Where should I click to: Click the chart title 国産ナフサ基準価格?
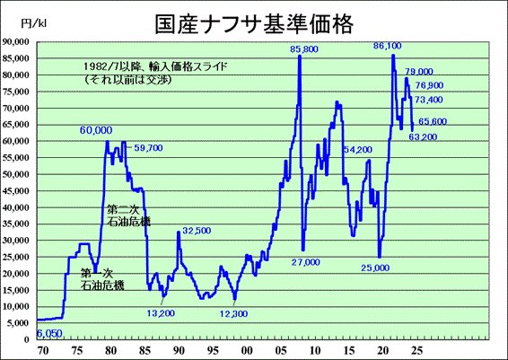pos(253,21)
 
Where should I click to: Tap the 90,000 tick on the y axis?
pos(19,42)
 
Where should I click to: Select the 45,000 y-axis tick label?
pos(19,191)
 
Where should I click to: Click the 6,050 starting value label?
pos(50,333)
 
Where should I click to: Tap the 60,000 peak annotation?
pos(95,130)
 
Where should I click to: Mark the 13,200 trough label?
pos(162,312)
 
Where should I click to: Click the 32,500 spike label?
pos(196,231)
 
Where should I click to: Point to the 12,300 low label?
pos(232,312)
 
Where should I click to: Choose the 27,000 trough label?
pos(305,262)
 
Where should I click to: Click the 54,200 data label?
pos(357,149)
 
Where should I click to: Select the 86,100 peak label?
pos(386,45)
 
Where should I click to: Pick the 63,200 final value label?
pos(422,136)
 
